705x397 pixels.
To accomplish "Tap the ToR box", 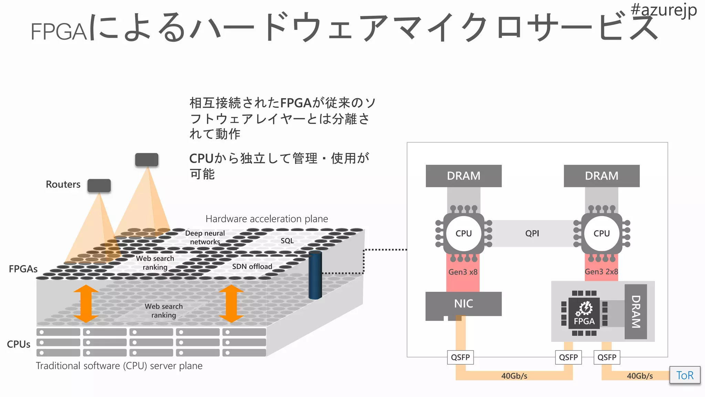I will point(685,375).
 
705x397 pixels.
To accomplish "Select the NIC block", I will point(463,304).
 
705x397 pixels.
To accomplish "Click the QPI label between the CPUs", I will point(532,233).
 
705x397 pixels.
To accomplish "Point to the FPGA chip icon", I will point(584,313).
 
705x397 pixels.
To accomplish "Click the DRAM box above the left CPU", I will point(463,176).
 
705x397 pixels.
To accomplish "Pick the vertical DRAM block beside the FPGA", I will point(635,312).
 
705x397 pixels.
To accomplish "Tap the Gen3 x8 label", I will point(463,272).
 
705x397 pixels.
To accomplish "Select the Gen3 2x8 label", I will point(601,272).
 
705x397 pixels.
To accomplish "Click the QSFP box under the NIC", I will point(460,357).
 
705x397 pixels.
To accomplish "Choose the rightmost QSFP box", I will point(607,357).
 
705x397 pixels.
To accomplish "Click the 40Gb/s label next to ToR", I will point(640,376).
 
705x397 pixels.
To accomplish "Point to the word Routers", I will point(63,184).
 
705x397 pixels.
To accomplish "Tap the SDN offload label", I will point(252,266).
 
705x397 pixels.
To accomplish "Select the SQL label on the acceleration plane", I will point(287,241).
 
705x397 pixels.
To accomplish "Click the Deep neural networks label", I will point(205,237).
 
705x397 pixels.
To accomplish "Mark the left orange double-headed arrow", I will point(86,304).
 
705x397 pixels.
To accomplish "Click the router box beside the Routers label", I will point(99,185).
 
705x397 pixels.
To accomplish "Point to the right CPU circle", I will point(601,233).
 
